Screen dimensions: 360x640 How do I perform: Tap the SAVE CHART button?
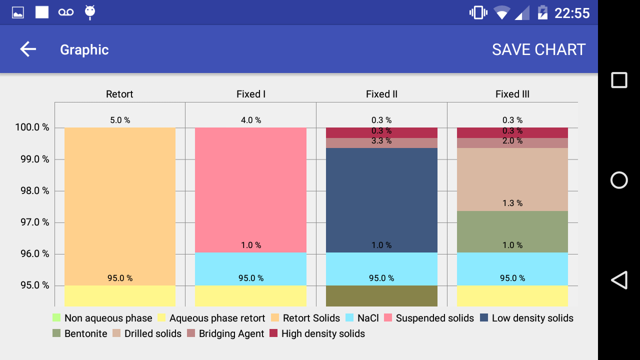pyautogui.click(x=538, y=49)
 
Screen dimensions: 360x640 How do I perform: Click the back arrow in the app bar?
pyautogui.click(x=28, y=49)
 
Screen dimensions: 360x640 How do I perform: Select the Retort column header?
pyautogui.click(x=119, y=94)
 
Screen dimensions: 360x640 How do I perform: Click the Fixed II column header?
pyautogui.click(x=381, y=94)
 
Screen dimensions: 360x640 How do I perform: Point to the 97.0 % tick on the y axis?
pyautogui.click(x=32, y=222)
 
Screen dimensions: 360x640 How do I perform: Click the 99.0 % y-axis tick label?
pyautogui.click(x=32, y=159)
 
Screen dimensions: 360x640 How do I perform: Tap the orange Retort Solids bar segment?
pyautogui.click(x=120, y=200)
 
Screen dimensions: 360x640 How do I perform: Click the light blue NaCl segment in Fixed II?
pyautogui.click(x=381, y=265)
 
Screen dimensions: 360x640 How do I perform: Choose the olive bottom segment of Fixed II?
pyautogui.click(x=381, y=296)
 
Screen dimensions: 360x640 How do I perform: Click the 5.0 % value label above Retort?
pyautogui.click(x=120, y=120)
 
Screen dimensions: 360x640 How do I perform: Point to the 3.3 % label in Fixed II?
pyautogui.click(x=381, y=141)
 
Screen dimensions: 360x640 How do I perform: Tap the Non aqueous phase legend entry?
pyautogui.click(x=102, y=318)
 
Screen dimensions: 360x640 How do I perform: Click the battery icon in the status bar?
pyautogui.click(x=542, y=12)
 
